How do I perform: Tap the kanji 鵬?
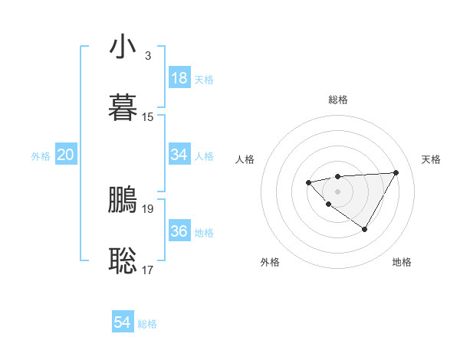123,199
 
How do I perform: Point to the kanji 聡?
123,260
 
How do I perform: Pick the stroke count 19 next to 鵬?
148,208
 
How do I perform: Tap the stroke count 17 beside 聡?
148,270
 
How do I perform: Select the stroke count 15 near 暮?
148,117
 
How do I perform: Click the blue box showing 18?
179,78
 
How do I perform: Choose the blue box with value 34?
179,155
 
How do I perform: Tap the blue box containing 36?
179,231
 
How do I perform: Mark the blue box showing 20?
65,155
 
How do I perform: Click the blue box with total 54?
123,323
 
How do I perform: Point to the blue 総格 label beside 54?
147,324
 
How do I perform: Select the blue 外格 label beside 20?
41,156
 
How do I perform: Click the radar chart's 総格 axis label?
337,100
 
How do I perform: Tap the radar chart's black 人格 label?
245,159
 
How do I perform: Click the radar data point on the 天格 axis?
396,172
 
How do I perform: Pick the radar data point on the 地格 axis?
365,229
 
